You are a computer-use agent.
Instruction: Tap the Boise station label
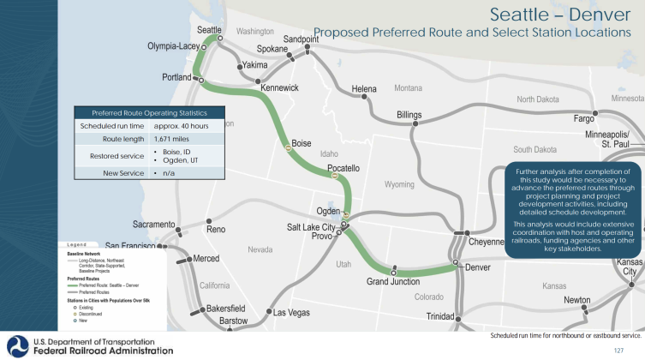click(x=302, y=143)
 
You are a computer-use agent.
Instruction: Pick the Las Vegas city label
click(x=292, y=313)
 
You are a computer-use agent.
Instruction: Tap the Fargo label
click(x=583, y=117)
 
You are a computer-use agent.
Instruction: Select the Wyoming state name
click(x=400, y=184)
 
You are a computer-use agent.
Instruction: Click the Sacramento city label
click(x=153, y=224)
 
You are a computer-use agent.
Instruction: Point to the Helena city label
click(x=364, y=88)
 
